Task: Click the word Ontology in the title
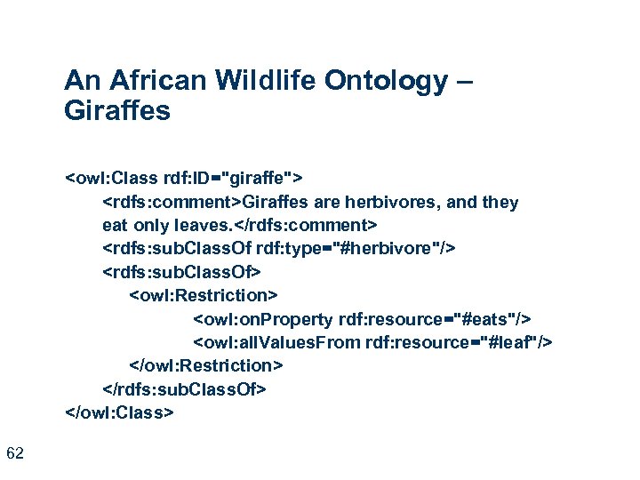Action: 388,82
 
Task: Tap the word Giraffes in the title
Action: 117,113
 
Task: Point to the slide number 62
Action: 14,454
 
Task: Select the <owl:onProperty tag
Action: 263,318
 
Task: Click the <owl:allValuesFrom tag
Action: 276,342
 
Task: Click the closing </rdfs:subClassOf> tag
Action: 185,389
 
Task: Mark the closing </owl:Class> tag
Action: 120,412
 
